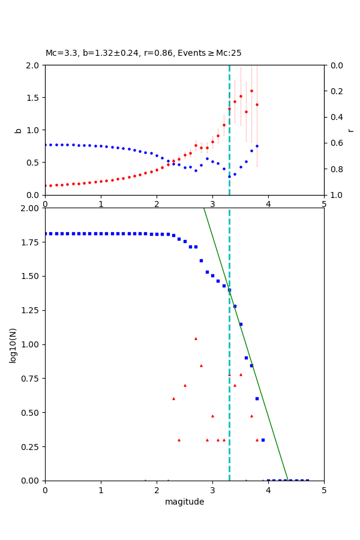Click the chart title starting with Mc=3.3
(143, 53)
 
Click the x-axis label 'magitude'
(184, 502)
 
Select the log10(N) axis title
(13, 345)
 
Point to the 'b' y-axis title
(18, 130)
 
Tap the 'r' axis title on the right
(350, 130)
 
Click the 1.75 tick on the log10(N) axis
(31, 242)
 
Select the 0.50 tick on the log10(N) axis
(31, 413)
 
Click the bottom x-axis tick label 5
(324, 490)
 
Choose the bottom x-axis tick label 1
(101, 490)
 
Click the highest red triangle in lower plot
(196, 338)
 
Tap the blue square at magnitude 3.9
(263, 440)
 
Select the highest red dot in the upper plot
(251, 91)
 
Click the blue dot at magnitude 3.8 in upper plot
(257, 146)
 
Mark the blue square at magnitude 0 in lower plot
(46, 233)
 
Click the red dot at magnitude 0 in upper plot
(46, 185)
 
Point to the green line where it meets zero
(288, 480)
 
